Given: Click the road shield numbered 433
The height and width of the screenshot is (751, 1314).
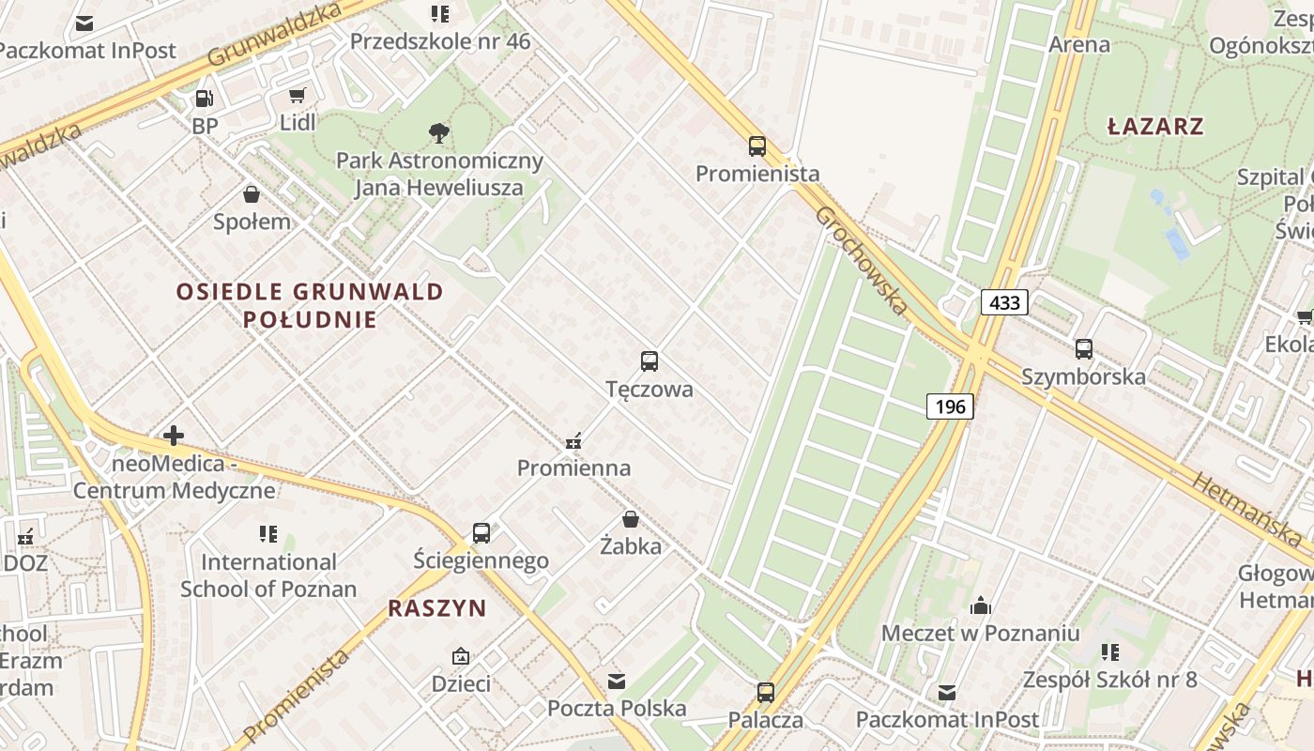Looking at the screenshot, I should point(1004,302).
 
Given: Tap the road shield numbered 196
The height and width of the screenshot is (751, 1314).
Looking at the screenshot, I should point(950,406).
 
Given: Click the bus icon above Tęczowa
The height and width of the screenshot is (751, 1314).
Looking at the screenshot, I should point(649,360).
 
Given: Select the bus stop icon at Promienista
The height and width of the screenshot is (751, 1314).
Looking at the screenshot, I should point(757,146).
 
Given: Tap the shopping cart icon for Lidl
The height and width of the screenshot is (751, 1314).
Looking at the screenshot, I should point(298,95).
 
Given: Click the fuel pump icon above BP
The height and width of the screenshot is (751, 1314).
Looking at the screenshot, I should point(204,98).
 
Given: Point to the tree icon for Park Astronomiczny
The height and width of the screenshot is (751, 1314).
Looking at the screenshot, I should point(438,132).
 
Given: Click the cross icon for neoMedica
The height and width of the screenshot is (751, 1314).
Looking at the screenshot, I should point(174,436).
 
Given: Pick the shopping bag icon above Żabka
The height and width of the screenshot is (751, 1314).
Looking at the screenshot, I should point(631,518).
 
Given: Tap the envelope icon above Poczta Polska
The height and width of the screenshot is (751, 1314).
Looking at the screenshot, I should point(617,681).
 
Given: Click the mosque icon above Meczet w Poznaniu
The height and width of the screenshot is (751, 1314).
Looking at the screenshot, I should point(980,605).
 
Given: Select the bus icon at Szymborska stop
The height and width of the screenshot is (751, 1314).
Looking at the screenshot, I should point(1083,348).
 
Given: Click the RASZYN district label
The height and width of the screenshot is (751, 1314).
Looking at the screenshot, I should point(437,608).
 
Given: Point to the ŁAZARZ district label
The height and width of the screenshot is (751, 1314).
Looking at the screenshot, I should point(1155,127).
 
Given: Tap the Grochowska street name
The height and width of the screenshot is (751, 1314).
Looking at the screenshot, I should point(861,259).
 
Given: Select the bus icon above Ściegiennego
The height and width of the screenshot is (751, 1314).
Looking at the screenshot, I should point(481,533).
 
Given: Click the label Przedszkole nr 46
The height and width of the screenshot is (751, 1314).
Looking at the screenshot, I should point(439,41).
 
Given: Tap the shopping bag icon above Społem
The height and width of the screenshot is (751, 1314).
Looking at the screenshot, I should point(252,194).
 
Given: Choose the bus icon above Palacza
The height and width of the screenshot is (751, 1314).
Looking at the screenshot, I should point(766,693).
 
